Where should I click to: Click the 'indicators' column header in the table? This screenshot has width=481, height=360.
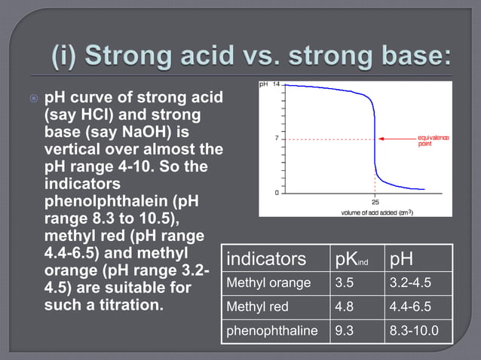(267, 258)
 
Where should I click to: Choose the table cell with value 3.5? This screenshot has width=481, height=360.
(345, 283)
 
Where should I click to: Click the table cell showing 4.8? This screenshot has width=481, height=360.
(345, 307)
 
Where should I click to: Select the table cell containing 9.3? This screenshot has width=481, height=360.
(345, 331)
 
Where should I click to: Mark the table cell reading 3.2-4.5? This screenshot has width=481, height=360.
(412, 283)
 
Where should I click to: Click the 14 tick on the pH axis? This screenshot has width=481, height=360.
(277, 84)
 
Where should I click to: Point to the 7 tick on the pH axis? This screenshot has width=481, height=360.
(278, 139)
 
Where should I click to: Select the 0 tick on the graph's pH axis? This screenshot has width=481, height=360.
(278, 194)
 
